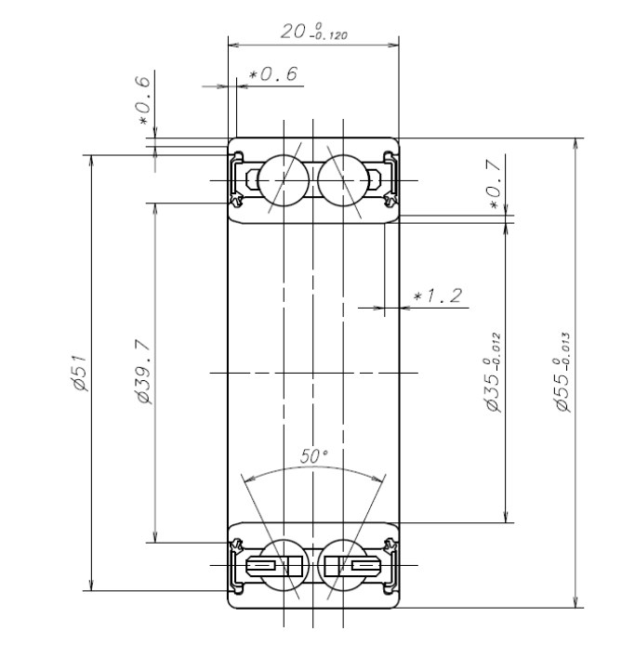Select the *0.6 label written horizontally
(x=274, y=75)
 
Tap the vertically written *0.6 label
(x=143, y=101)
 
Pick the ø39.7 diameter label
(x=143, y=372)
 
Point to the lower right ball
(x=342, y=564)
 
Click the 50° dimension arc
(x=313, y=470)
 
